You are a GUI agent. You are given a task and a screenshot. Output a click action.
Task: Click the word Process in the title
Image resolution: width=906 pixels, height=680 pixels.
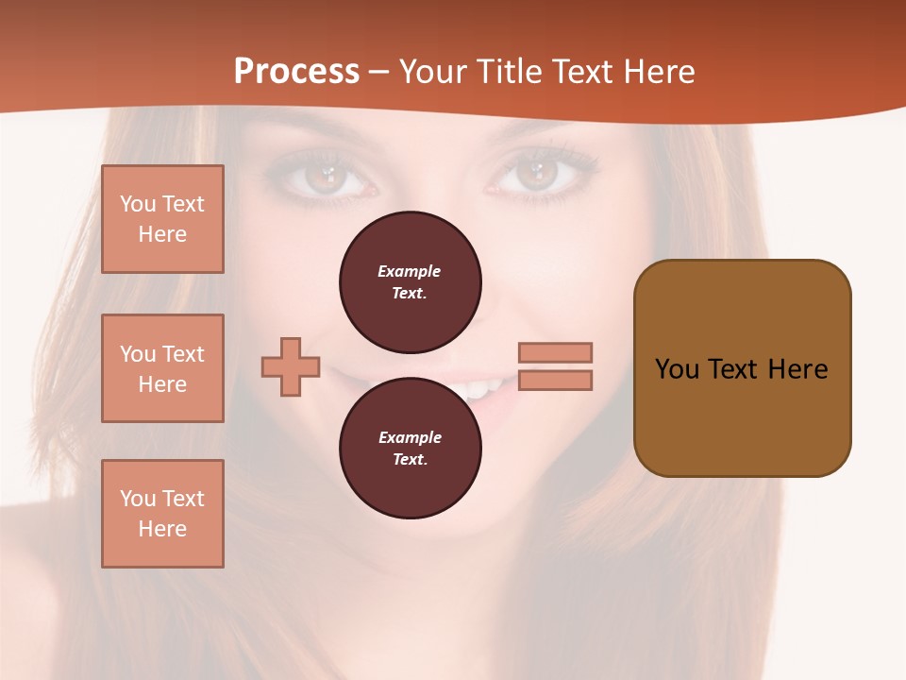click(x=296, y=72)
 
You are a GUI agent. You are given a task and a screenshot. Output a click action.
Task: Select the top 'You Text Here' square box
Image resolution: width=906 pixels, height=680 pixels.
click(x=162, y=219)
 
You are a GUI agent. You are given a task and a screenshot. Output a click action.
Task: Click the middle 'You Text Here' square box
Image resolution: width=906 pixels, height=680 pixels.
click(x=162, y=368)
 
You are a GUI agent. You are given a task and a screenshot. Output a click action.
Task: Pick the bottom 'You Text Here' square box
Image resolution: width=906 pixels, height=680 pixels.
click(x=162, y=514)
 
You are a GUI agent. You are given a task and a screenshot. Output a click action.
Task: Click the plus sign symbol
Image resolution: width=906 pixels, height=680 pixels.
click(x=291, y=366)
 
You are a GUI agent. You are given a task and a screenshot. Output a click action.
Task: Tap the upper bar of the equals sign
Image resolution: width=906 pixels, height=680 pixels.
click(x=555, y=352)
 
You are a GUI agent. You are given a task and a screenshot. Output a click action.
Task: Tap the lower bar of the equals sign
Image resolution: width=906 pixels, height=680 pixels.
click(x=555, y=380)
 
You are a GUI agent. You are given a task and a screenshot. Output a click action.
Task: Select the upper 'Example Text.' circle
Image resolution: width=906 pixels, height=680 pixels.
click(x=410, y=281)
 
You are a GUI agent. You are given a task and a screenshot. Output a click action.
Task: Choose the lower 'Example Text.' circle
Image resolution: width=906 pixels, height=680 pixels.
click(x=410, y=448)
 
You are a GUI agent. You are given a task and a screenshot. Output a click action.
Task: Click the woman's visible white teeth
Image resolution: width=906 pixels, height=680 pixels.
click(x=481, y=388)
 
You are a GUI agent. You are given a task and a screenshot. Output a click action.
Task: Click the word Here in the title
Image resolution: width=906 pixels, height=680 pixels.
click(x=660, y=72)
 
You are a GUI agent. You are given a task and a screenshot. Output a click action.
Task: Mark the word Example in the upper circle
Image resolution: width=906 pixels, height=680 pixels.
click(x=410, y=271)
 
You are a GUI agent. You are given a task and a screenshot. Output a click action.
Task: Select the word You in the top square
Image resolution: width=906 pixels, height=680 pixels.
click(x=137, y=204)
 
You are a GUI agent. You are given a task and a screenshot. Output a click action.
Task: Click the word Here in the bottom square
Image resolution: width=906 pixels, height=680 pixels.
click(x=162, y=529)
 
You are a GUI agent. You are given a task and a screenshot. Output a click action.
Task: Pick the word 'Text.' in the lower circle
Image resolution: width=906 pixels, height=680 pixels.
click(x=410, y=459)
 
